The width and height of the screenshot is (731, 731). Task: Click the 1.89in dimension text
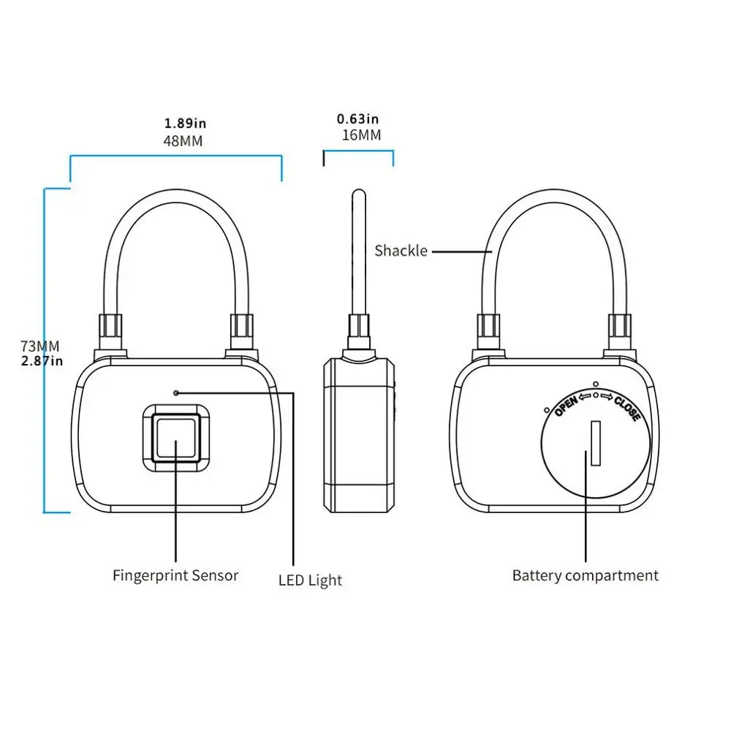pos(185,124)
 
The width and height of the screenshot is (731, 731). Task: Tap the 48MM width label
pos(183,140)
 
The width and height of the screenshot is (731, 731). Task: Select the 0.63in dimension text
pos(357,118)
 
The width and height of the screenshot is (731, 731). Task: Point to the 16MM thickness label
pos(361,135)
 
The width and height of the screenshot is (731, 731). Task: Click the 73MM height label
pos(40,346)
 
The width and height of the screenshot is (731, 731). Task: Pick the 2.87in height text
pos(42,360)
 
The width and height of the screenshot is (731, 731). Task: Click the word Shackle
pos(401,251)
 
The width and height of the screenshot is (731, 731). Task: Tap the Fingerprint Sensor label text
pos(175,575)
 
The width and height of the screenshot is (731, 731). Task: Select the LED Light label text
pos(310,581)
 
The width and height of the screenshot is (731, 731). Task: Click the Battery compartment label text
pos(585,575)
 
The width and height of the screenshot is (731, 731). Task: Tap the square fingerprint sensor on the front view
pos(175,438)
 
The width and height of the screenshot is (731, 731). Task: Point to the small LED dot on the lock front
pos(176,393)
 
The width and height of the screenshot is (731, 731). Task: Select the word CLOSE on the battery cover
pos(626,408)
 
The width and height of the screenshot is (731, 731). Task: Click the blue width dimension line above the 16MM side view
pos(358,152)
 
